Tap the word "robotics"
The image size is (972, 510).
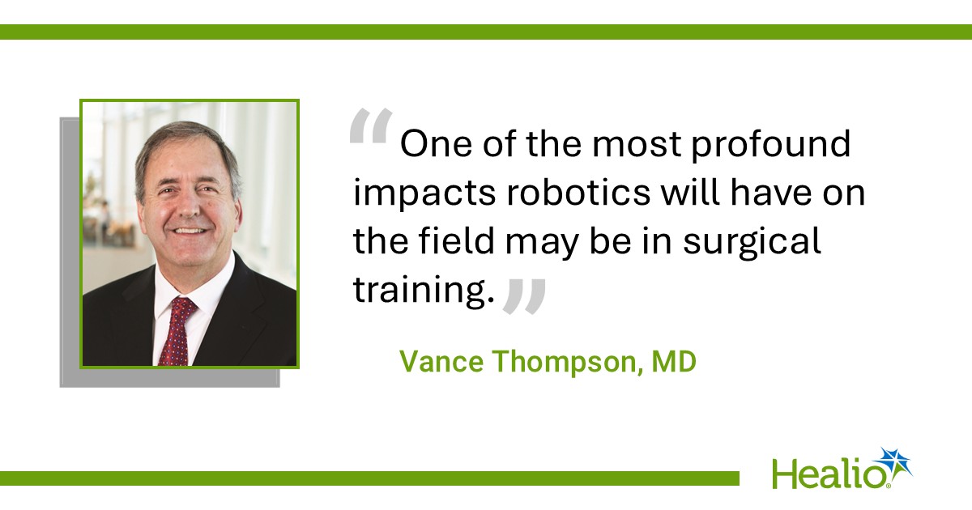[578, 192]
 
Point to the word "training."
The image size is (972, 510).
[424, 290]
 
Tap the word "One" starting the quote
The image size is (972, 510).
[436, 144]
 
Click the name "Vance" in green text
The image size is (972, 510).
[441, 361]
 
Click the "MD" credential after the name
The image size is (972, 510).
[674, 361]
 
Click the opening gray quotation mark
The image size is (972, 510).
[371, 126]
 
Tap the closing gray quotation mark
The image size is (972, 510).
[524, 296]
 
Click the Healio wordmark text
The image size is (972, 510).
[829, 474]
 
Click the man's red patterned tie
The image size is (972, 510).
[177, 331]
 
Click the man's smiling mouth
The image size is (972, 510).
[190, 230]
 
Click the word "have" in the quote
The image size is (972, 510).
[770, 192]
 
